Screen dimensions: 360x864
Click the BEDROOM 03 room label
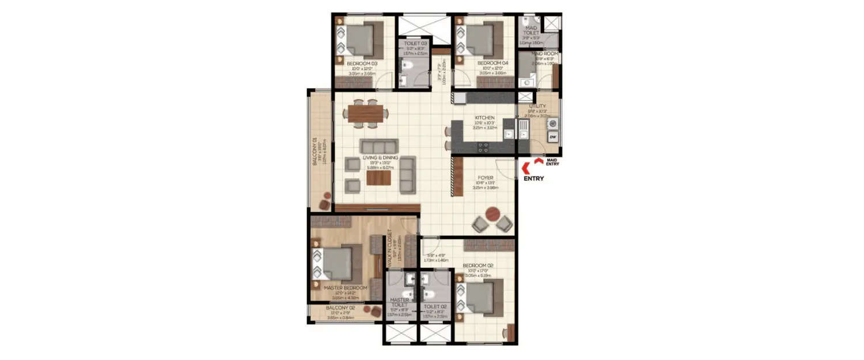point(362,63)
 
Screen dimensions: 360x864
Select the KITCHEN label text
point(485,118)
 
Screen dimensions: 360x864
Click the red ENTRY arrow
point(525,168)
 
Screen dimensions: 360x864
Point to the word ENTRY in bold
point(533,179)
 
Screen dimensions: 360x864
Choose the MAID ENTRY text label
point(552,162)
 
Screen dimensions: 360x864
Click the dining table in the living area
point(366,113)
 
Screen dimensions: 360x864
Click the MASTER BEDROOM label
point(346,288)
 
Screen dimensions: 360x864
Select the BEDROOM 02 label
point(478,266)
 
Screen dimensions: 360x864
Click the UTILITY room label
point(537,106)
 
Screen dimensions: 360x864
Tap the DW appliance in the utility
point(552,137)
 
